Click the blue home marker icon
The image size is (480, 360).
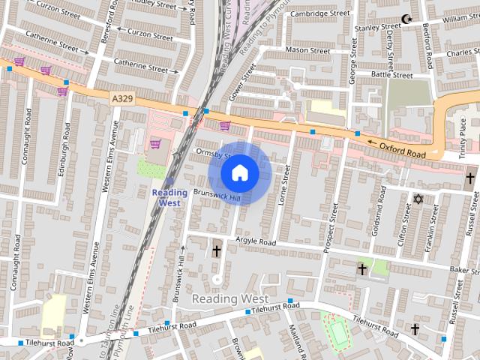pyautogui.click(x=239, y=173)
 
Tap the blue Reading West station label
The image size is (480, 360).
pyautogui.click(x=169, y=197)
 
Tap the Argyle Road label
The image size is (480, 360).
pyautogui.click(x=255, y=241)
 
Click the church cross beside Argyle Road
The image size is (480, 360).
pyautogui.click(x=217, y=250)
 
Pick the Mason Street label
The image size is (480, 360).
pyautogui.click(x=307, y=51)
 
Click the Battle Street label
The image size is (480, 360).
pyautogui.click(x=392, y=75)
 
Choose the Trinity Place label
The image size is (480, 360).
pyautogui.click(x=463, y=139)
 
